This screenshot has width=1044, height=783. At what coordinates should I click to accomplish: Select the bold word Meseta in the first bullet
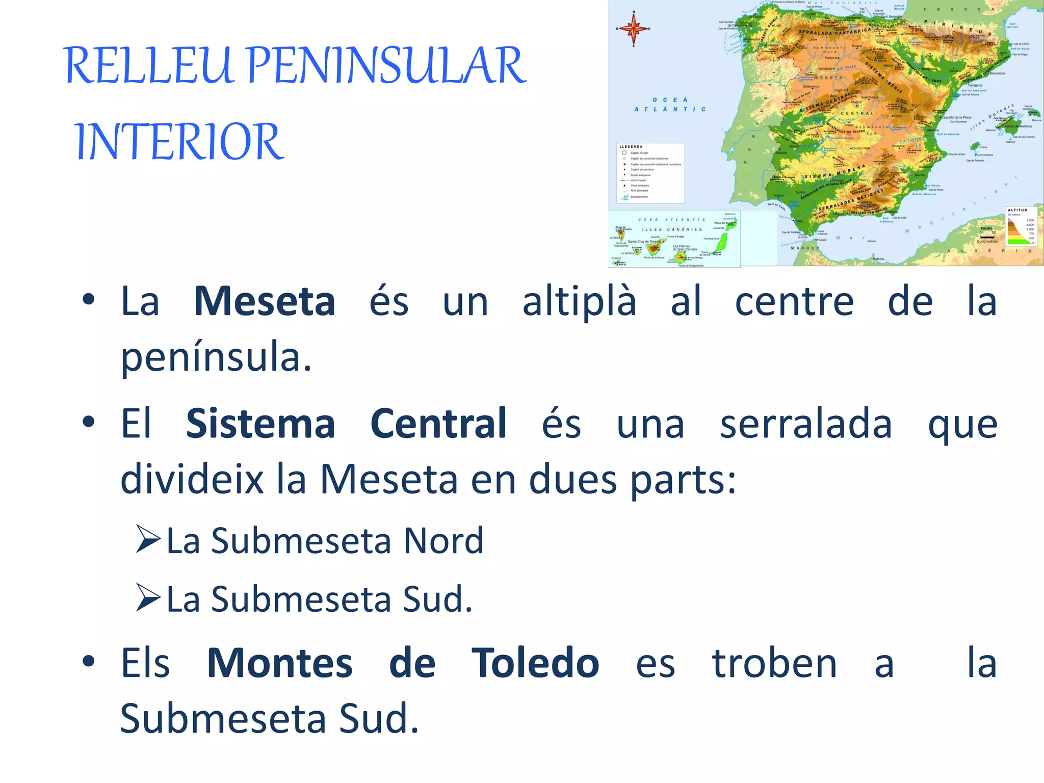265,301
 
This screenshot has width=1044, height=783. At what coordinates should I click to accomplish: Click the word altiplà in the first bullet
580,302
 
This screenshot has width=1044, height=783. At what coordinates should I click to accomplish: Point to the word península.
216,357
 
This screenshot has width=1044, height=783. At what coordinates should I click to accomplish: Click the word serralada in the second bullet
806,424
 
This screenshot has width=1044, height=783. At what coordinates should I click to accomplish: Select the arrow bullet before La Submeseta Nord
148,539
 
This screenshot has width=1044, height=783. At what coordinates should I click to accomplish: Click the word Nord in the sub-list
443,541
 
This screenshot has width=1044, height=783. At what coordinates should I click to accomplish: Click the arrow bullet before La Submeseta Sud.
148,598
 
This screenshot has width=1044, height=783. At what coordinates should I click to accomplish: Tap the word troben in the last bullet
774,663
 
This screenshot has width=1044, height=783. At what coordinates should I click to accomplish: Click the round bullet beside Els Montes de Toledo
89,662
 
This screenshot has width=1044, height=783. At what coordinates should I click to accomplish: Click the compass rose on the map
634,29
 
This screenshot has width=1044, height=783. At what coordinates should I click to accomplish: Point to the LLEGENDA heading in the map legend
631,147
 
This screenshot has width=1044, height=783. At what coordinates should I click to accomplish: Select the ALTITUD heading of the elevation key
1017,210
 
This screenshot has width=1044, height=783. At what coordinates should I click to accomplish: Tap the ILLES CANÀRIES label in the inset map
672,229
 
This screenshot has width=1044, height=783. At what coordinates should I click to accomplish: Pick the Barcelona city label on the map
998,73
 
